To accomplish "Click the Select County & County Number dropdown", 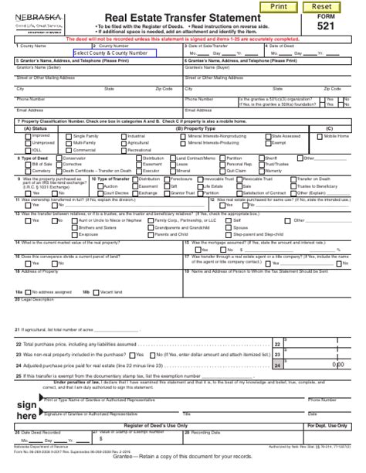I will click(114, 53).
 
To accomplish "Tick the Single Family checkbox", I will click(69, 136).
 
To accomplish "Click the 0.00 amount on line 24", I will click(337, 363).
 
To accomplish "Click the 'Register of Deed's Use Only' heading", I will click(155, 426).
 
